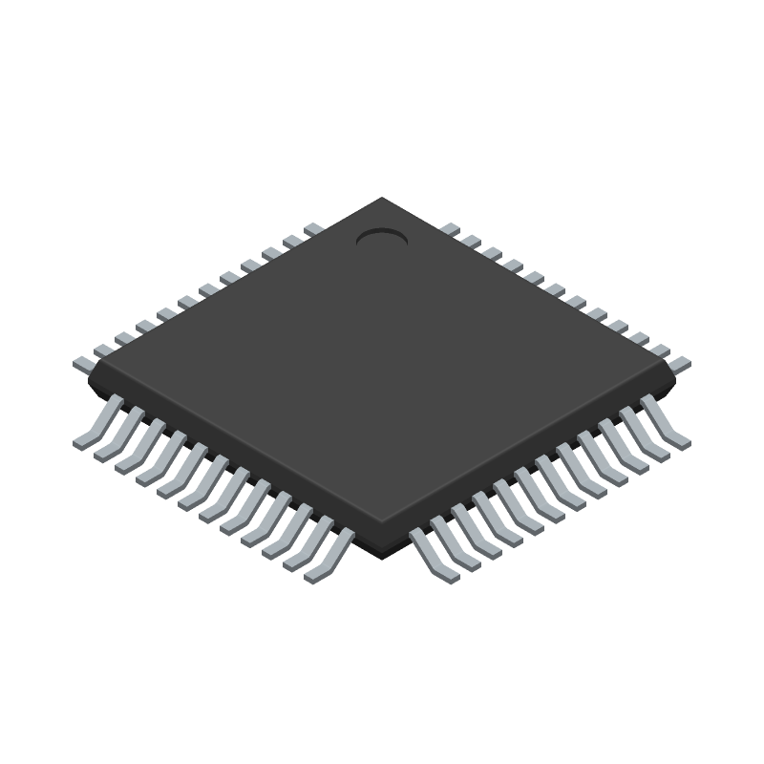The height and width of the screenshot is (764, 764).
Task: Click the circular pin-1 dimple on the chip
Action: (382, 237)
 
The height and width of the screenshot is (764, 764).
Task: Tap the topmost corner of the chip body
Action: (382, 199)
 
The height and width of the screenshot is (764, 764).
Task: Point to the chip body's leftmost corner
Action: (90, 372)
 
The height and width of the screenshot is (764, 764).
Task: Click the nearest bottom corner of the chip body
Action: (382, 525)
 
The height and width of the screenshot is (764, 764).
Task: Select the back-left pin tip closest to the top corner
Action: (313, 229)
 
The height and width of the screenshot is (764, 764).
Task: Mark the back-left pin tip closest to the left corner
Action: (83, 363)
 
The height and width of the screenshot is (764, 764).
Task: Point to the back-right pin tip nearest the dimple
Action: (450, 229)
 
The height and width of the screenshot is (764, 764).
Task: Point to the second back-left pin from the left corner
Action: (104, 350)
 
